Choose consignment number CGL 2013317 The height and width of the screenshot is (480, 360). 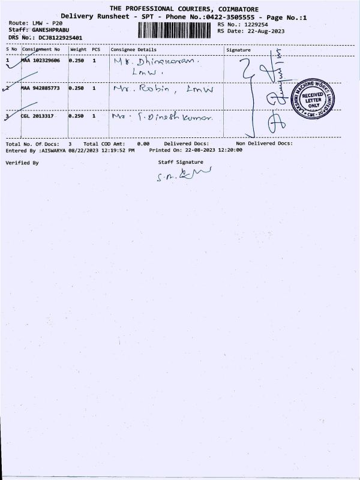38,116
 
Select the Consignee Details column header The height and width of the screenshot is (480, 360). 133,49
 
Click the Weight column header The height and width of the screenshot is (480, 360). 78,49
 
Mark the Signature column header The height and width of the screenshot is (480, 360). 238,49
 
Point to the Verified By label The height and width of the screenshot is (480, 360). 22,163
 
